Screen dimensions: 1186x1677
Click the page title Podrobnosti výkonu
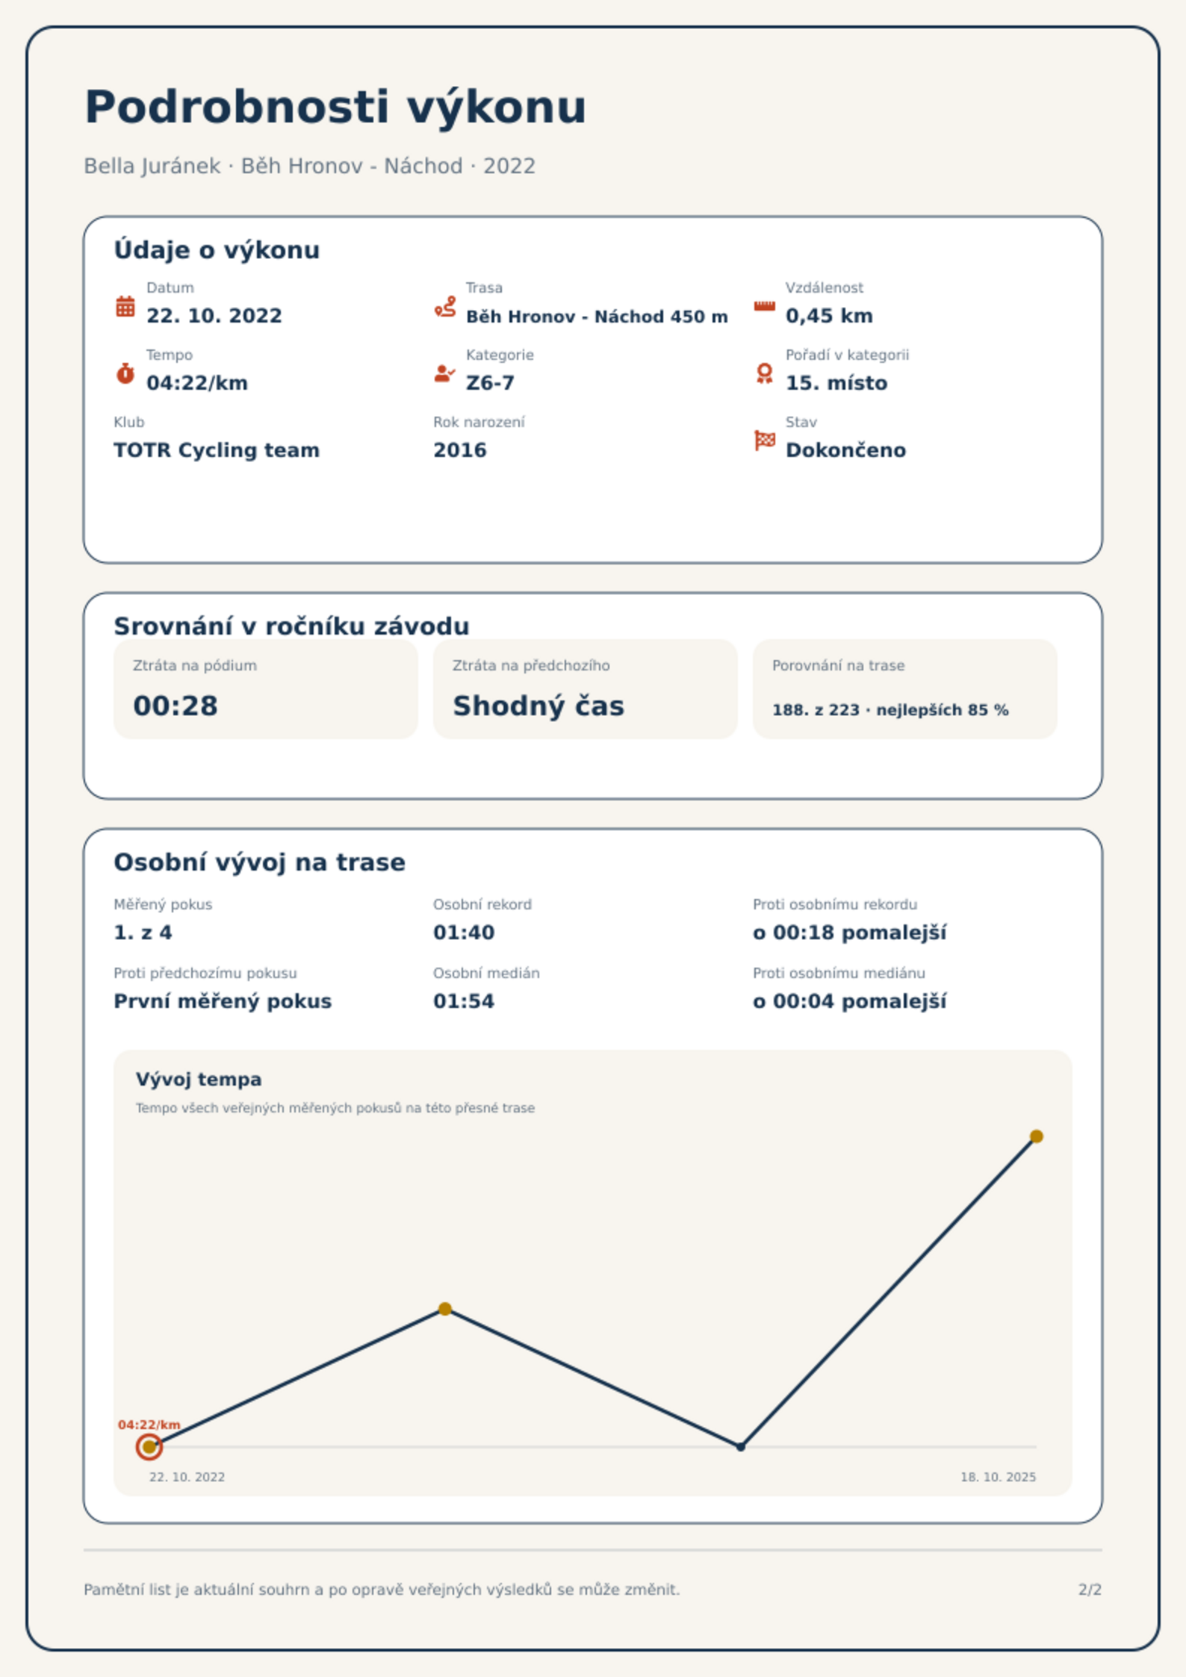(335, 108)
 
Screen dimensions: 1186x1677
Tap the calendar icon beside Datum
(125, 306)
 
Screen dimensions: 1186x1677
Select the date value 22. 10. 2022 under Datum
(214, 316)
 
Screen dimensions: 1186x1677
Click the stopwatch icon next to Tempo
(125, 373)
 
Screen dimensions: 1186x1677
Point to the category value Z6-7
(490, 383)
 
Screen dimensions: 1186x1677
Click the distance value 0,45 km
(829, 316)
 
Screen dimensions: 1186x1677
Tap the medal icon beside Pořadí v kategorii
(764, 373)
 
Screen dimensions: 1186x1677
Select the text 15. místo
(836, 383)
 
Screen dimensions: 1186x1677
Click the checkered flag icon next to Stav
(765, 441)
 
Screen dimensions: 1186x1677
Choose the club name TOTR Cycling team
(217, 450)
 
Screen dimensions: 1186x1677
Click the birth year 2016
(460, 450)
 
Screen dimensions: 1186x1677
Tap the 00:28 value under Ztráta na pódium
(176, 706)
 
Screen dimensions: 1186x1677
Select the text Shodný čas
(538, 706)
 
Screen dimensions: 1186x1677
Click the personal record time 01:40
(464, 933)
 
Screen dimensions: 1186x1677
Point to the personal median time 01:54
(464, 1001)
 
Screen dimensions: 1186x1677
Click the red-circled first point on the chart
(149, 1447)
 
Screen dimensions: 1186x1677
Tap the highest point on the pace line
(1036, 1136)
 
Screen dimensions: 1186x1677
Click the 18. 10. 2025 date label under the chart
(998, 1477)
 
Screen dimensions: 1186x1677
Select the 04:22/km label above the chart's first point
(149, 1425)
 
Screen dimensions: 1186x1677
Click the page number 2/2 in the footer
(1090, 1590)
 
